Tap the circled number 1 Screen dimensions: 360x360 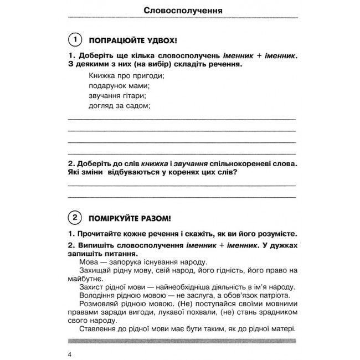click(73, 40)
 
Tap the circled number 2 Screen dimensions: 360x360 click(73, 217)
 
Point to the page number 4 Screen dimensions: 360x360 click(69, 354)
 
